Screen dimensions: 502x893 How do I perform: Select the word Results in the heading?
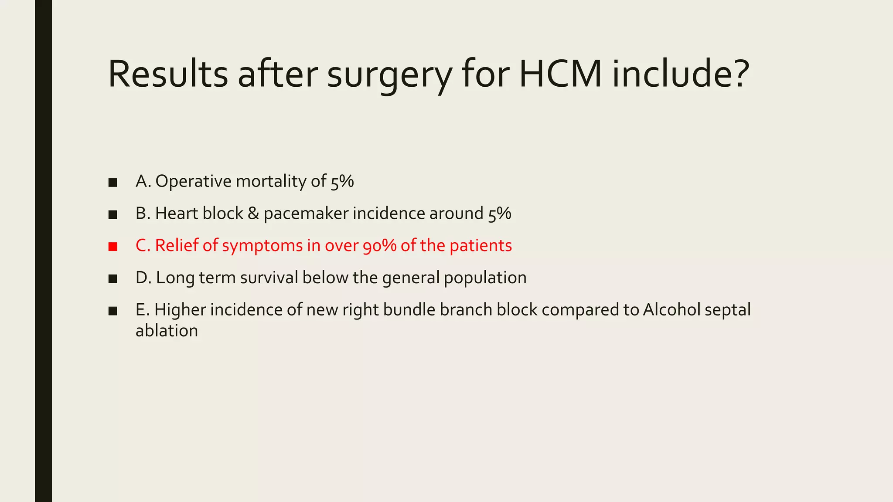[x=168, y=74]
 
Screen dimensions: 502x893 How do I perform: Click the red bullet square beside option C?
[x=113, y=247]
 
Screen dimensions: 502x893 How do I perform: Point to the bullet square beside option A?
[x=113, y=183]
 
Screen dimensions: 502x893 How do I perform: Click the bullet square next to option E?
[x=113, y=311]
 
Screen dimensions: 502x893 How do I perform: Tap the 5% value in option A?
[x=342, y=181]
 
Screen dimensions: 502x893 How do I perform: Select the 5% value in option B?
[x=500, y=214]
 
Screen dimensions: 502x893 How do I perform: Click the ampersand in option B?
[x=253, y=214]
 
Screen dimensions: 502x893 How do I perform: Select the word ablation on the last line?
[x=167, y=331]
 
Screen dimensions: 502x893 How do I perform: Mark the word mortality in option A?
[x=271, y=181]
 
